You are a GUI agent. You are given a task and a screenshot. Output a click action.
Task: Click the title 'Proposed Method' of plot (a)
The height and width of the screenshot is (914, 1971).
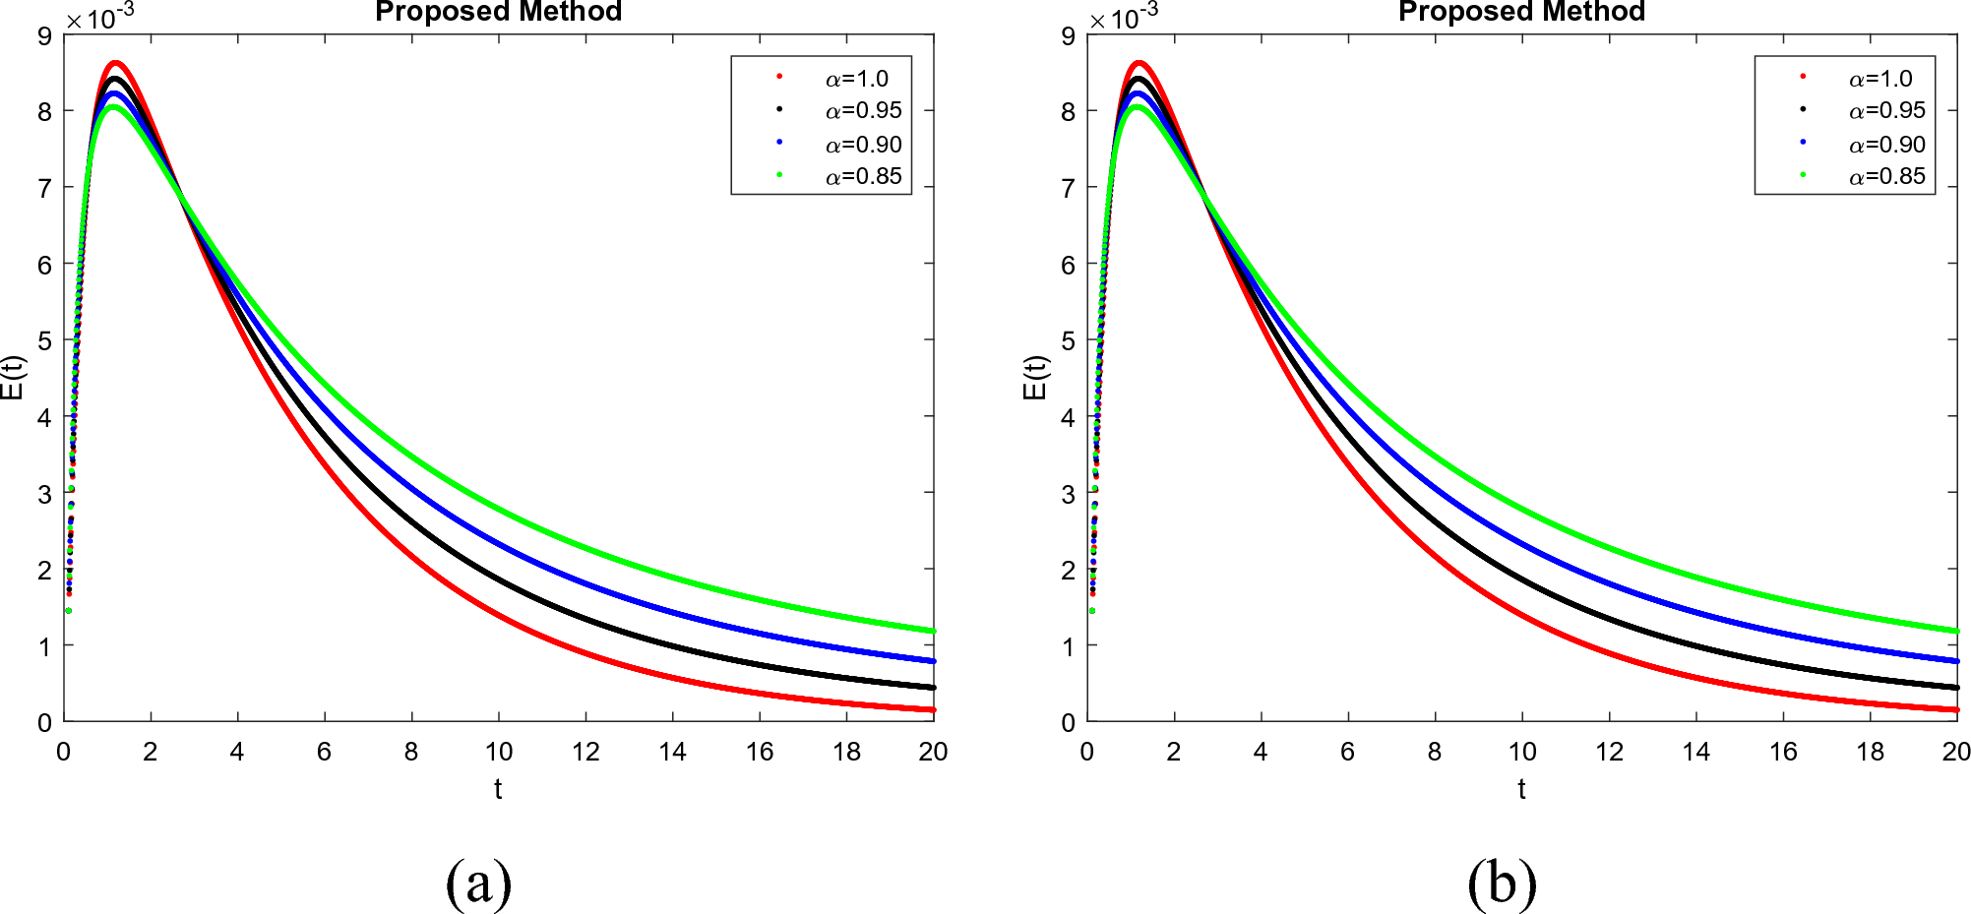point(498,12)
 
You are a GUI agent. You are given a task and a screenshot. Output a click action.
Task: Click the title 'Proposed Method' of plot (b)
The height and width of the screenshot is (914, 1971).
point(1521,12)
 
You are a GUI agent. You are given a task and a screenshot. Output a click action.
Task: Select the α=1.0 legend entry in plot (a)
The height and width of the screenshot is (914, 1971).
point(856,79)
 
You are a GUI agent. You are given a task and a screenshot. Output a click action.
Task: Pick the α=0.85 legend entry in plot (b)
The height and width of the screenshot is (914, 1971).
point(1886,177)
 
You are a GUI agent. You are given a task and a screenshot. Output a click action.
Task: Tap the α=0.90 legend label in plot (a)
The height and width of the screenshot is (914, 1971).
point(863,145)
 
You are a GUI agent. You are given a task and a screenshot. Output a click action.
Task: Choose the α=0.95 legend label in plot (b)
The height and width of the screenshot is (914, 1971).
point(1886,110)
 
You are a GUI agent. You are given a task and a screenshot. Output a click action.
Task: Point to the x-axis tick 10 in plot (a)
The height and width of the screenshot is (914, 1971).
point(498,753)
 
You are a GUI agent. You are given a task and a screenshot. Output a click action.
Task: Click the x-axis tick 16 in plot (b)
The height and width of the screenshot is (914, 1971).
point(1783,753)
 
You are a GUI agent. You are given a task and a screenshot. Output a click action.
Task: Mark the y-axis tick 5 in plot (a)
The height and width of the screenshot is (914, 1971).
point(44,340)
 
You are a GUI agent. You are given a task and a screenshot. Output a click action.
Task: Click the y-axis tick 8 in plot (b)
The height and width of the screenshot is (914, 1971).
point(1068,111)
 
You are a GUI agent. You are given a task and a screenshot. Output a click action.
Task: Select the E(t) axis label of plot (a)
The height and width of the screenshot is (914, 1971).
point(14,378)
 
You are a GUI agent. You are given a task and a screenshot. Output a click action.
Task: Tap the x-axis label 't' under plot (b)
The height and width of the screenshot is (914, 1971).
point(1521,789)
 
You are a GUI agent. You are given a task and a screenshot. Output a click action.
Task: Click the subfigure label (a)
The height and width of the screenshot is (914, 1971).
point(478,882)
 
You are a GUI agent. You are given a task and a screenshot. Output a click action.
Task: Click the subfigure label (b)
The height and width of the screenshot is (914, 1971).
point(1502,882)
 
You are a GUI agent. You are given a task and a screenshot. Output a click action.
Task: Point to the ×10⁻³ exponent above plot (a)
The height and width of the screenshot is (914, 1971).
point(99,18)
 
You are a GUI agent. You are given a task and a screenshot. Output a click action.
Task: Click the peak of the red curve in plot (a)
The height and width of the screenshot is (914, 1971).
point(115,64)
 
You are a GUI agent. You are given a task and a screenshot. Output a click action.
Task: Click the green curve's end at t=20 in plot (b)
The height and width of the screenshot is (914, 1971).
point(1955,631)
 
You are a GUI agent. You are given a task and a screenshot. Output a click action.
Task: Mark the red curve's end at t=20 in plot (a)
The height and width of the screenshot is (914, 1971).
point(932,709)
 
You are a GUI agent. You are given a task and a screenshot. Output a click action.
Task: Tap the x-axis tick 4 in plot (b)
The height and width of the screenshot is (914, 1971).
point(1261,753)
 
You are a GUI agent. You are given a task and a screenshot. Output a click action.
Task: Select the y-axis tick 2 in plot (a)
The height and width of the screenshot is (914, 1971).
point(44,570)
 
